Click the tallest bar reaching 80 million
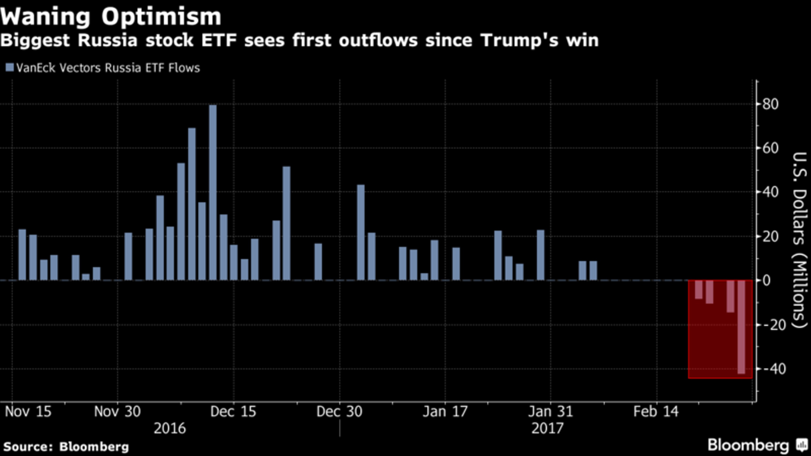click(213, 192)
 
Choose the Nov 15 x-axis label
click(28, 411)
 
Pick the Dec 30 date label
click(339, 411)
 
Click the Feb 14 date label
click(656, 411)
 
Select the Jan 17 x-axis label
click(445, 411)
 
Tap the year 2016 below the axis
click(170, 428)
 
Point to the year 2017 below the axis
click(547, 428)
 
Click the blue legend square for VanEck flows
click(10, 67)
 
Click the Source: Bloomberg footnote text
click(66, 446)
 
